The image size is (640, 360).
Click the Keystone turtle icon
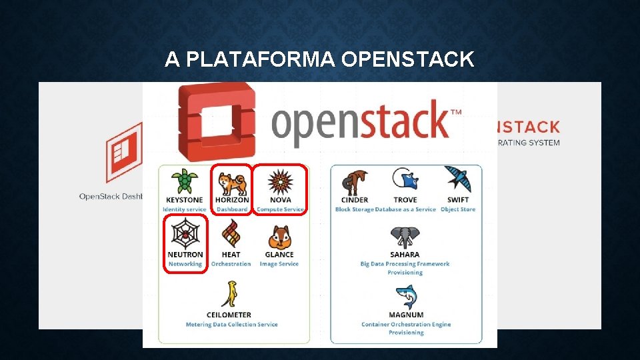184,181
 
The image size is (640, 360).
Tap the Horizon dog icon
232,181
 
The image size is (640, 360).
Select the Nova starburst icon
280,181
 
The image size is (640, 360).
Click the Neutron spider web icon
185,234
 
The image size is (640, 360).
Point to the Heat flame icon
231,235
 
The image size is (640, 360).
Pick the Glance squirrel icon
279,236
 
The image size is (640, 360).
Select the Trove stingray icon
405,180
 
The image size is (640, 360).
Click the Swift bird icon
458,179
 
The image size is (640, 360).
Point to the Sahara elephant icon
405,237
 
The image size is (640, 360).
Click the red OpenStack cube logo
213,121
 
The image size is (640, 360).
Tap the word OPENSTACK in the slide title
407,60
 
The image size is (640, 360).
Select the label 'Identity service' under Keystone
185,209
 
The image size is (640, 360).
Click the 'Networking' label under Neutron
185,264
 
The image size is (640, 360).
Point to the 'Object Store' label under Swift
458,209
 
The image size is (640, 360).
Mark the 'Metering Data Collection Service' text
231,325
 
